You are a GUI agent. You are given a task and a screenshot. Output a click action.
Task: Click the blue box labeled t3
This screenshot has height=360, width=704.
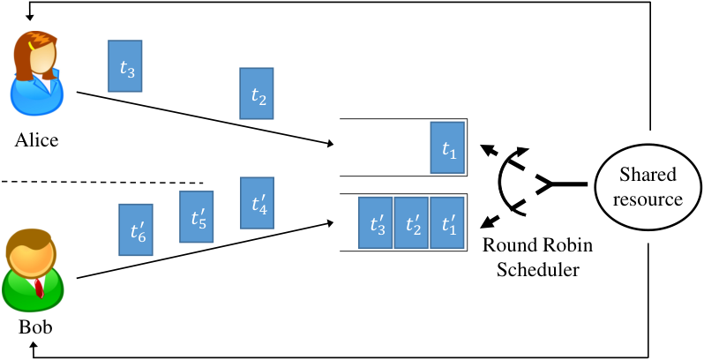click(124, 66)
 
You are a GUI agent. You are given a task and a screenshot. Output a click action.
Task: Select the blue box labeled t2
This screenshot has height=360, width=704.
click(257, 94)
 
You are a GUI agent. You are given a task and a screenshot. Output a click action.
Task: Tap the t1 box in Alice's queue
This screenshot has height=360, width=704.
click(447, 147)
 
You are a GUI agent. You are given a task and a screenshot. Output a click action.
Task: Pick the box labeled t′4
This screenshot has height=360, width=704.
click(257, 203)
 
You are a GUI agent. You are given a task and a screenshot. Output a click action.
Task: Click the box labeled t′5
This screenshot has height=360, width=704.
click(196, 217)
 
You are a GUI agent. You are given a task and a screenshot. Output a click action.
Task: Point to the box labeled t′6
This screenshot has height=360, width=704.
click(136, 229)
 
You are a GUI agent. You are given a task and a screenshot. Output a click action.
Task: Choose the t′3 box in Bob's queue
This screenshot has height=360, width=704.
click(375, 222)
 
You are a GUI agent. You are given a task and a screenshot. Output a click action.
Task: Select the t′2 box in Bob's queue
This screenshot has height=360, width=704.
click(411, 222)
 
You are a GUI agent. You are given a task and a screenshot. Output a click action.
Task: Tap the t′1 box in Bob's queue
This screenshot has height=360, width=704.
click(447, 222)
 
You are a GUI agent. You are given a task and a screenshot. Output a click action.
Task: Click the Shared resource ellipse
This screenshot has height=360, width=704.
click(648, 186)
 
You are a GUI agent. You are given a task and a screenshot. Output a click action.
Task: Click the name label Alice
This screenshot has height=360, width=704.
click(36, 140)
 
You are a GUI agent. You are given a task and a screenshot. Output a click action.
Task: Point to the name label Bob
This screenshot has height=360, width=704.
click(35, 326)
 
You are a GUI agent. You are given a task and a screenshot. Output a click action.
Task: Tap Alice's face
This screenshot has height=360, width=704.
click(44, 57)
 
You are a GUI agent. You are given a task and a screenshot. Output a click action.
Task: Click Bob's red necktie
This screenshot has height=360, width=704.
click(40, 289)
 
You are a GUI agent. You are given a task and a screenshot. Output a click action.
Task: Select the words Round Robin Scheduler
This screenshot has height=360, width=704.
click(538, 258)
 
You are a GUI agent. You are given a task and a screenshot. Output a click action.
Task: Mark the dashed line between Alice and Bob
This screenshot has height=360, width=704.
click(102, 183)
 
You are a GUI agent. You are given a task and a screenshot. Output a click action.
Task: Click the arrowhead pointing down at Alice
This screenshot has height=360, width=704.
click(30, 17)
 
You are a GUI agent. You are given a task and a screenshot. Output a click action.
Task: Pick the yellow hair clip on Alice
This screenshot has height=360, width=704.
click(32, 45)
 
